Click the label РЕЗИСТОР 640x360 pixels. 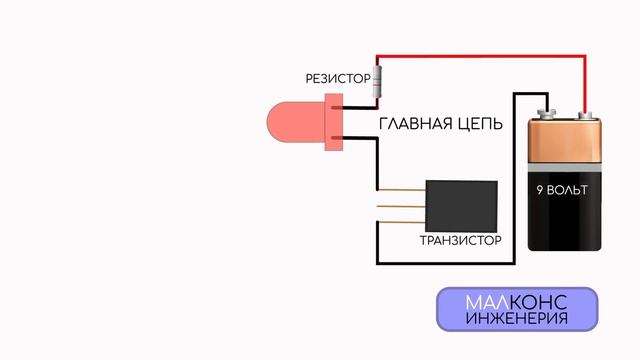[x=337, y=78]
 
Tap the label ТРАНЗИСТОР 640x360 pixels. [x=461, y=242]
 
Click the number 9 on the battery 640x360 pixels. [x=540, y=190]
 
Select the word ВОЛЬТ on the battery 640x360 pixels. [x=571, y=190]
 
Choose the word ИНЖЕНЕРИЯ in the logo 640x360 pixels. [x=517, y=320]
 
